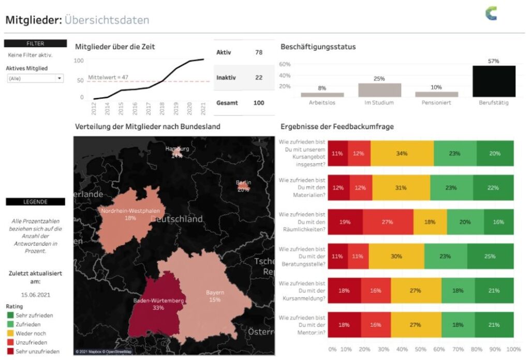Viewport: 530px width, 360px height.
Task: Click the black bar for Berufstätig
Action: (494, 81)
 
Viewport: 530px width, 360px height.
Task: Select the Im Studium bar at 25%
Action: (379, 90)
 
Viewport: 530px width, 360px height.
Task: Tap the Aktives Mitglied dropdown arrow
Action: (60, 79)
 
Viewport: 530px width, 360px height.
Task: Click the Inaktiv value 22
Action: (259, 78)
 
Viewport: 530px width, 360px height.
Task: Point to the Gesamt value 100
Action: (259, 103)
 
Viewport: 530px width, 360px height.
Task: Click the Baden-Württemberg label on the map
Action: (158, 301)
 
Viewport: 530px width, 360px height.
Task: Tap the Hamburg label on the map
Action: (177, 149)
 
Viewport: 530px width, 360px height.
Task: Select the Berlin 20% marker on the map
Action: (243, 186)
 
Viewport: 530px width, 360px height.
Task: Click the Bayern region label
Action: (215, 293)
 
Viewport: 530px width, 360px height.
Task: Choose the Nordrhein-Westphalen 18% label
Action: (130, 212)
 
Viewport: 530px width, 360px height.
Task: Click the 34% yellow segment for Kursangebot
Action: (402, 154)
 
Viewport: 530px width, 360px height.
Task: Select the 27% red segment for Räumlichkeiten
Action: (387, 222)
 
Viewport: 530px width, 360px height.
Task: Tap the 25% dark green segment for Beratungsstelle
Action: (490, 256)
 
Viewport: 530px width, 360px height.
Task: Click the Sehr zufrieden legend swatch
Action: (10, 315)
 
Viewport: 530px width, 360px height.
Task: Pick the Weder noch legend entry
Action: (31, 334)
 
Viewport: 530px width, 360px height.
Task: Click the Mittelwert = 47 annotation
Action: (108, 78)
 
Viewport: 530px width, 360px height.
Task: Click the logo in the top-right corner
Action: (491, 14)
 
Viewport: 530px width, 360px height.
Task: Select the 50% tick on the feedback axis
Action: (420, 349)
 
